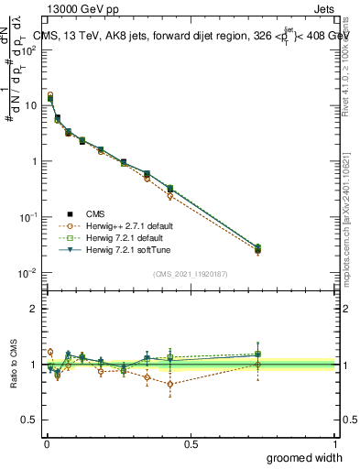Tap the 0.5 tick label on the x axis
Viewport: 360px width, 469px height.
click(x=191, y=443)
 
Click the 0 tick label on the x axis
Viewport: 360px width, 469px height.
click(x=46, y=443)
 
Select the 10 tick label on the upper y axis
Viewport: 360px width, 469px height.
click(x=31, y=105)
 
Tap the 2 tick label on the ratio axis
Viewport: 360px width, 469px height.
click(x=35, y=309)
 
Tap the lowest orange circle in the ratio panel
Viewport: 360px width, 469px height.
click(x=170, y=384)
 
